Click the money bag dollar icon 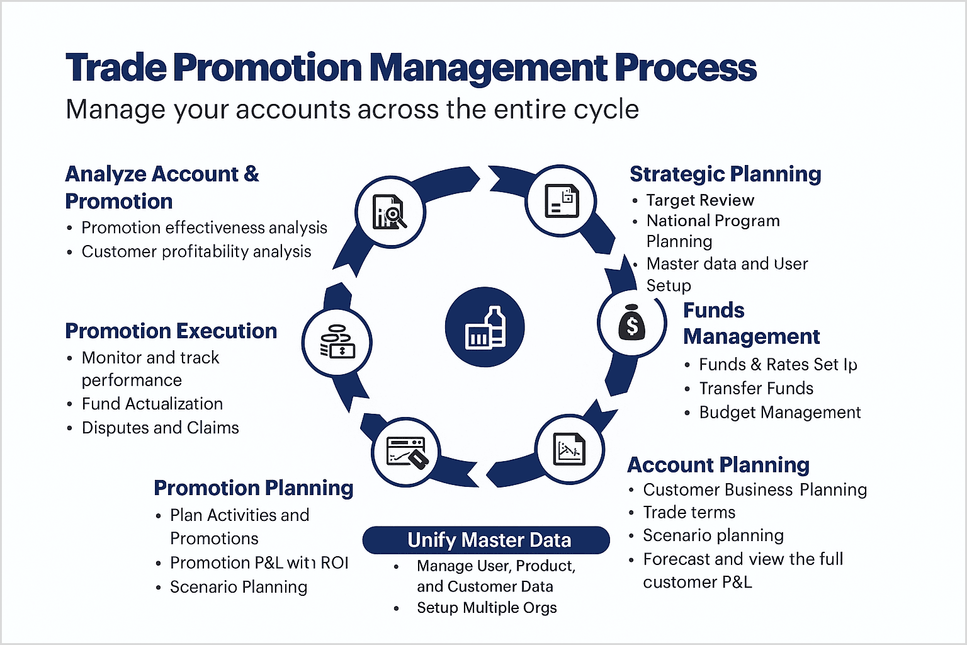(631, 322)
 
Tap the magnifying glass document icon (390, 212)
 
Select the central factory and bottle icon (485, 327)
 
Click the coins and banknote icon (337, 342)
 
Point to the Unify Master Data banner (486, 540)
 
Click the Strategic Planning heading (725, 174)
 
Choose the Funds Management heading (751, 323)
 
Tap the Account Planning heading (718, 465)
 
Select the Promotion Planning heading (254, 488)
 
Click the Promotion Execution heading (171, 331)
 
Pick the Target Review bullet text (700, 200)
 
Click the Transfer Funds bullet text (756, 388)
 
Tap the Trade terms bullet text (689, 512)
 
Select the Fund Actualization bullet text (152, 404)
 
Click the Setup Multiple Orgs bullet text (487, 607)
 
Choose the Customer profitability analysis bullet (196, 251)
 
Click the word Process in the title (686, 68)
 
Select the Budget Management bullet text (780, 412)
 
